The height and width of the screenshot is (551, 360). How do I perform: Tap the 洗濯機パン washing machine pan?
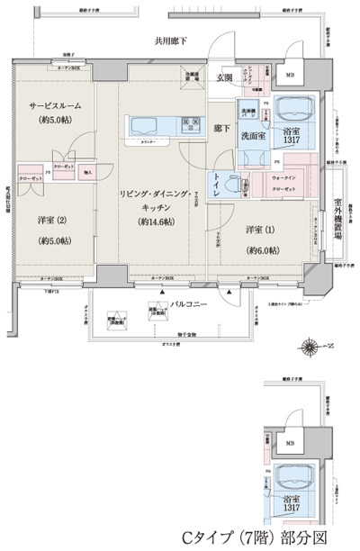pos(249,117)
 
